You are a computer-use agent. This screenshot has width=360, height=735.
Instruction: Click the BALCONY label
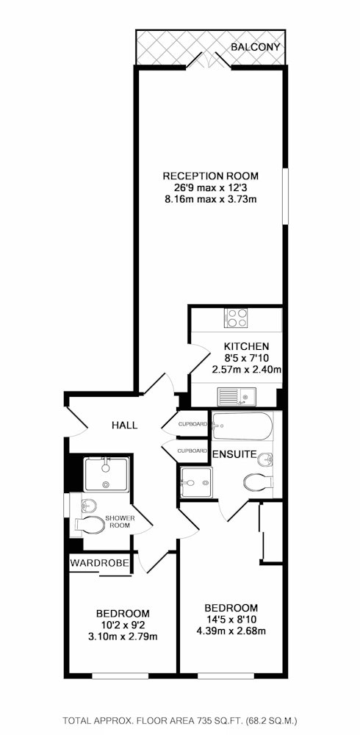pos(256,47)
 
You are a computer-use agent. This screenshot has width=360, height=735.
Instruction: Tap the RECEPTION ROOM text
pos(210,176)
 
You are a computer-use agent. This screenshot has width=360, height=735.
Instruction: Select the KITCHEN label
pos(246,347)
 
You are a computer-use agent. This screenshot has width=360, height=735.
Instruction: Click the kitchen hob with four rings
pos(237,318)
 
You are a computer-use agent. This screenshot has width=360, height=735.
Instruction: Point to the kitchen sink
pos(237,397)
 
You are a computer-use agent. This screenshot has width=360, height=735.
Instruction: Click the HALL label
pos(125,426)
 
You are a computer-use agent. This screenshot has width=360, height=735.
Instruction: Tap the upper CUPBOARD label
pos(192,424)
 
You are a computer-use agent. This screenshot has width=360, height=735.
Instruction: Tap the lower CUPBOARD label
pos(192,451)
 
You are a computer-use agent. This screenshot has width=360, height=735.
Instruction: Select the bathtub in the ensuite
pos(242,426)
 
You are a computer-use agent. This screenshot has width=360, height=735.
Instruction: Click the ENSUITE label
pos(234,454)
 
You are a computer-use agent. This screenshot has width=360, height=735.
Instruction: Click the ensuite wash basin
pos(266,459)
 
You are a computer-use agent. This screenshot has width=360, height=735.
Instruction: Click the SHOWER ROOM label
pos(120,522)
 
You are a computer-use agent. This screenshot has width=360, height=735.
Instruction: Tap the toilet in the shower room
pos(89,526)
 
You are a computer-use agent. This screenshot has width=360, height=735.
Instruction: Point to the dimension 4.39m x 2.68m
pos(231,631)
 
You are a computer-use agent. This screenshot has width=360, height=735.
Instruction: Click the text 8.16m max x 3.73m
pos(210,198)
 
